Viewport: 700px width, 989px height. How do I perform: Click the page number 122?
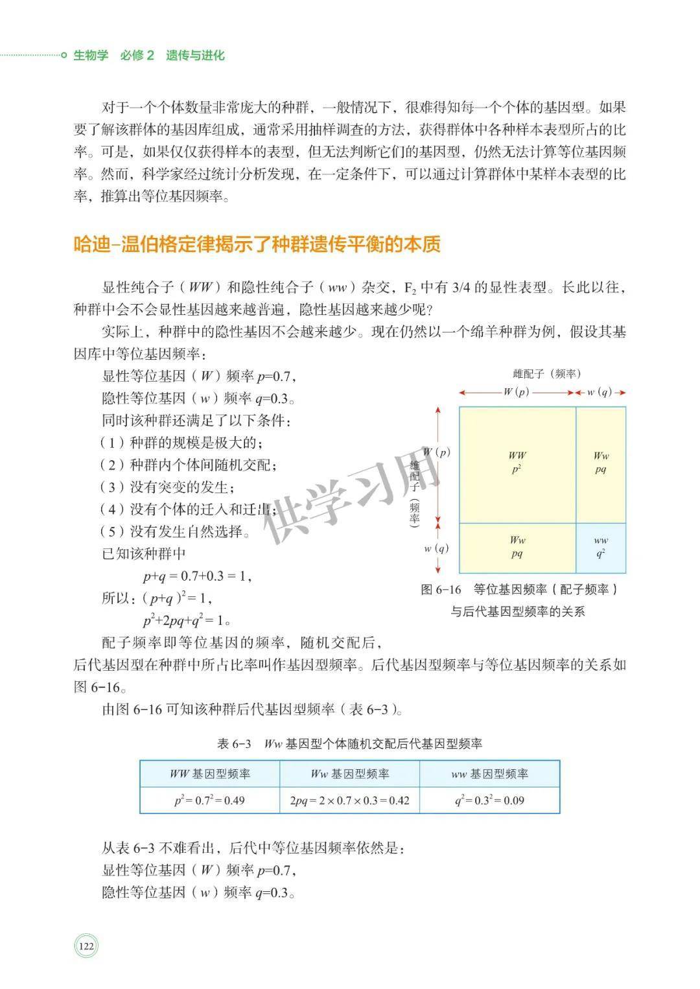coord(86,946)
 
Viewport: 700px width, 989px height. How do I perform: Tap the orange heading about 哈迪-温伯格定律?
coord(257,244)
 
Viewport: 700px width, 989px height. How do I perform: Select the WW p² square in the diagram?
coord(517,463)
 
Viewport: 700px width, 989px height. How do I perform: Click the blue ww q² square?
coord(601,548)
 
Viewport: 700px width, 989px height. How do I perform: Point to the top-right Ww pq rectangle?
coord(601,463)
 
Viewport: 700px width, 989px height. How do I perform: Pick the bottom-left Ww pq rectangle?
coord(517,547)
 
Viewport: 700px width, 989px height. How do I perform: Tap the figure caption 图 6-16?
coord(519,589)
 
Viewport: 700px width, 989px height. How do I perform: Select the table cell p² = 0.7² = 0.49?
coord(209,800)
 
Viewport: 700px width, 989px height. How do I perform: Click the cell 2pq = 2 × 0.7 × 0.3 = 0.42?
coord(349,800)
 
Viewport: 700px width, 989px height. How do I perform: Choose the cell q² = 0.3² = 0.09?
coord(489,800)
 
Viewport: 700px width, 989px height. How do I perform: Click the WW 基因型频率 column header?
coord(209,774)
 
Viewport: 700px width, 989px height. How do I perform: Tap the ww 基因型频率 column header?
coord(489,774)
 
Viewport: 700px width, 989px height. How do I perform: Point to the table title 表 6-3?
coord(349,743)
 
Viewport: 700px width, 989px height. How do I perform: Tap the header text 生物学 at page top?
coord(91,55)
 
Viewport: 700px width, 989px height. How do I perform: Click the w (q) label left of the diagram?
coord(436,548)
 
